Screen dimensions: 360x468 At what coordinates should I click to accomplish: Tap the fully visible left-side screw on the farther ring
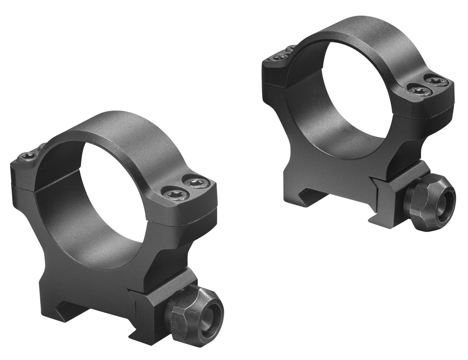(278, 58)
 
